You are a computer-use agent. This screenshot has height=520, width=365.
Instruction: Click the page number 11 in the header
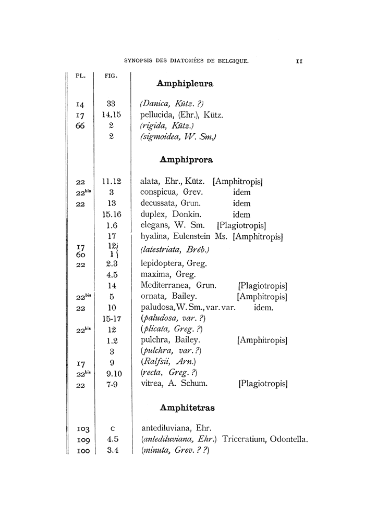pyautogui.click(x=299, y=61)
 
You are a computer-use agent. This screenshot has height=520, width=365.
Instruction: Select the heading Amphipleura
pyautogui.click(x=185, y=83)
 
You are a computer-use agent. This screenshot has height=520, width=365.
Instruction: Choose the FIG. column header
pyautogui.click(x=111, y=75)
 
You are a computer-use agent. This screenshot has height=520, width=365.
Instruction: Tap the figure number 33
pyautogui.click(x=111, y=104)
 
